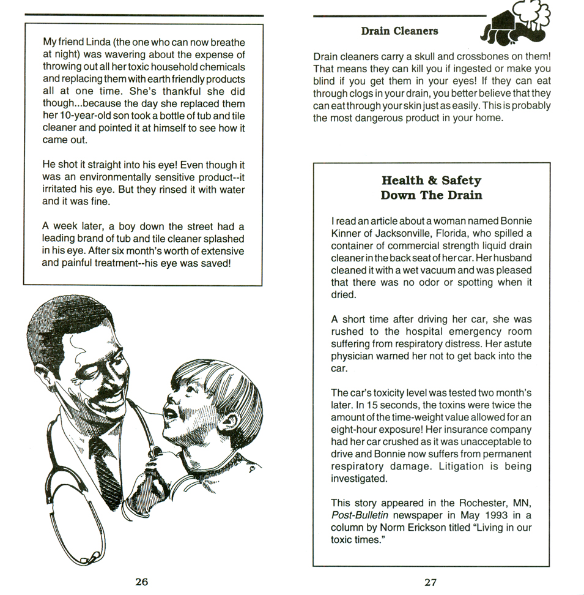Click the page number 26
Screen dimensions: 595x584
[x=141, y=582]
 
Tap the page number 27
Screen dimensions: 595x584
[x=431, y=582]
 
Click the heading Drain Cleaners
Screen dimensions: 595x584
[x=399, y=31]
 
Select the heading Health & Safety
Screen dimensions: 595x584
[x=431, y=180]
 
